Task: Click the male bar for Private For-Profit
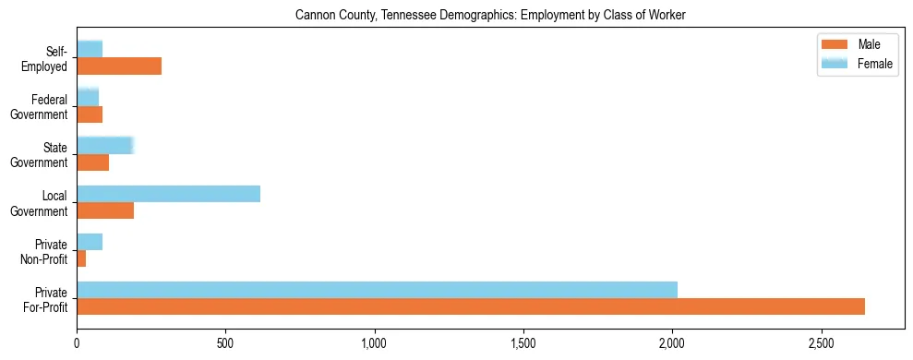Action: point(471,306)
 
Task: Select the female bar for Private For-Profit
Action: point(377,290)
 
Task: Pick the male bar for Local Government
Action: point(105,210)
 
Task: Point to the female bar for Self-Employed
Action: point(90,49)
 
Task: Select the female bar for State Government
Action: point(105,145)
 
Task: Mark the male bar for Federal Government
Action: point(90,114)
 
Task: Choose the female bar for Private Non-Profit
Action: point(90,242)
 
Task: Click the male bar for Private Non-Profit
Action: point(81,258)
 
